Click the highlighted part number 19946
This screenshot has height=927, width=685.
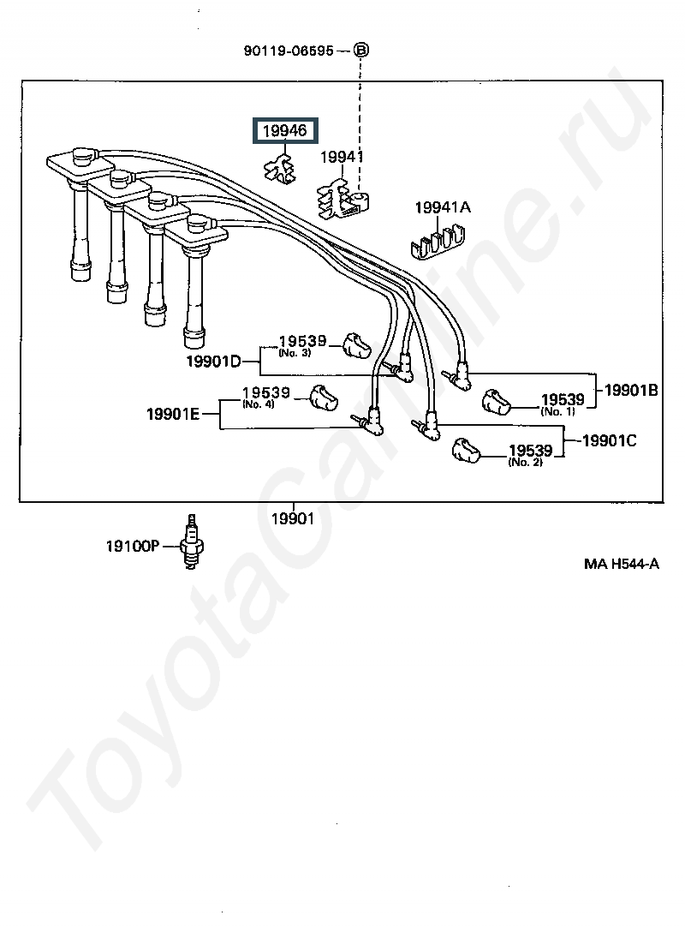pos(283,130)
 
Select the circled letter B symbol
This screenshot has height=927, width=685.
pos(361,51)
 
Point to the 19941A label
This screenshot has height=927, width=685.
pos(443,208)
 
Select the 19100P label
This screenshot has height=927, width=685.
pos(133,546)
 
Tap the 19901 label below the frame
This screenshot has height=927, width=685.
pos(293,518)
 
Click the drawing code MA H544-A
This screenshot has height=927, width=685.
pos(622,564)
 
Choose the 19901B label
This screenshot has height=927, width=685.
pos(631,390)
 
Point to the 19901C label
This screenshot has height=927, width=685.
pos(609,441)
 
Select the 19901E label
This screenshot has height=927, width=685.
pos(173,414)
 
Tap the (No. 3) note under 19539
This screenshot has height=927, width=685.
pos(293,352)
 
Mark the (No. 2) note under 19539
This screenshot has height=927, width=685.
pos(525,463)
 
